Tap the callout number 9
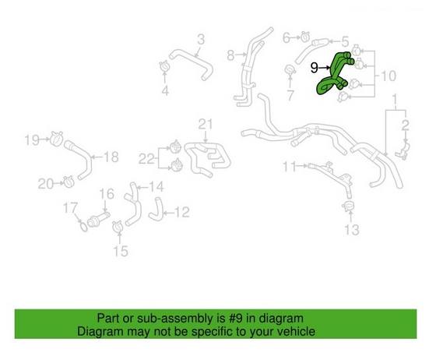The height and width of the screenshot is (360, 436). pos(315,68)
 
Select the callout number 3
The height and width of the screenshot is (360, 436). pos(200,40)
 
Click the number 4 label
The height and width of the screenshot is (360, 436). pos(165,91)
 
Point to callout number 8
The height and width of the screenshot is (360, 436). pos(230,55)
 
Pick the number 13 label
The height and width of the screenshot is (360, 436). pos(353,230)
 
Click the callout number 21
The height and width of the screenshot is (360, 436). pos(205,124)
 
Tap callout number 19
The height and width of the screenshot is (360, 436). pos(31,140)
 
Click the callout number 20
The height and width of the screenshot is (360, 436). pos(46,184)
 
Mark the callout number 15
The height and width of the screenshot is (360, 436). pos(119,250)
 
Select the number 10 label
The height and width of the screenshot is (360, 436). pos(389,76)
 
